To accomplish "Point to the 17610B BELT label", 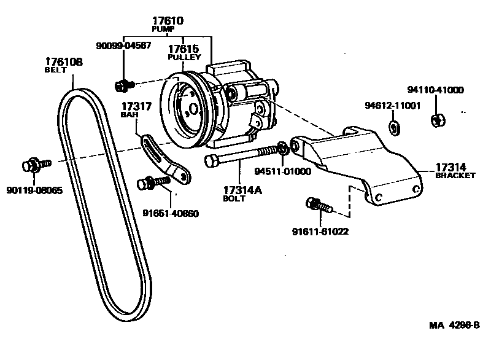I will pos(63,65).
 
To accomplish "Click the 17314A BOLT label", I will pos(242,194).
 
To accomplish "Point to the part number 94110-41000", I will pos(436,90).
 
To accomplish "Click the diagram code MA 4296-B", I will pos(454,325).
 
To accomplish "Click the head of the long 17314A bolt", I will pos(210,161).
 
